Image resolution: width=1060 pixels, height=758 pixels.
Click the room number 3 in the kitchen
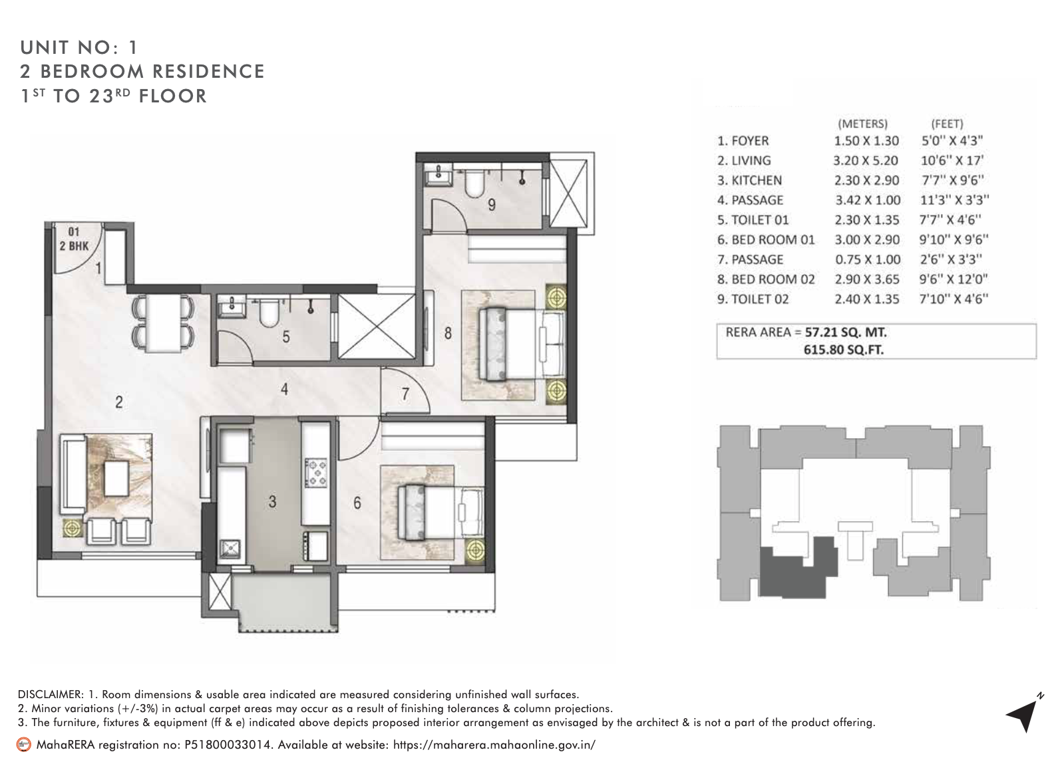pyautogui.click(x=272, y=502)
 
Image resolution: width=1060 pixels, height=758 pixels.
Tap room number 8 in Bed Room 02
pyautogui.click(x=448, y=332)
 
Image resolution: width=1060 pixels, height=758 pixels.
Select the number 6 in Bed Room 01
pyautogui.click(x=357, y=503)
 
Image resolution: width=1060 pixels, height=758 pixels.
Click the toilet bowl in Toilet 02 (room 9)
pyautogui.click(x=474, y=186)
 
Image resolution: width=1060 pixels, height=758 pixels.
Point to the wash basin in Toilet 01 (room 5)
pyautogui.click(x=232, y=305)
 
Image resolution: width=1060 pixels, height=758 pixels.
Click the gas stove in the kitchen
pyautogui.click(x=315, y=471)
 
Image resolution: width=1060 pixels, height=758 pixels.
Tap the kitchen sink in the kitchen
pyautogui.click(x=231, y=550)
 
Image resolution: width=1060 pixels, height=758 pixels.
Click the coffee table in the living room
pyautogui.click(x=116, y=478)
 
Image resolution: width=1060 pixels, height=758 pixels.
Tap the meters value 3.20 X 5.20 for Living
pyautogui.click(x=865, y=160)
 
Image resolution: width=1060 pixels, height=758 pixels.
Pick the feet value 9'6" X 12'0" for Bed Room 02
pyautogui.click(x=953, y=279)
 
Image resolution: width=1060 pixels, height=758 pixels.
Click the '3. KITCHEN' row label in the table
pyautogui.click(x=749, y=180)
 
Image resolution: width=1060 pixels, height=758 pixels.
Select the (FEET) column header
pyautogui.click(x=946, y=124)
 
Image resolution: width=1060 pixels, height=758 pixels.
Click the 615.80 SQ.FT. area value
pyautogui.click(x=843, y=350)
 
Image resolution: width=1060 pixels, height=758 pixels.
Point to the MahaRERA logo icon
pyautogui.click(x=23, y=745)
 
